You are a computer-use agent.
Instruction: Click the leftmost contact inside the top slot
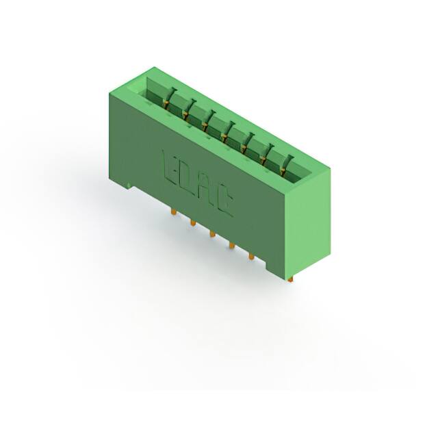168,99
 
